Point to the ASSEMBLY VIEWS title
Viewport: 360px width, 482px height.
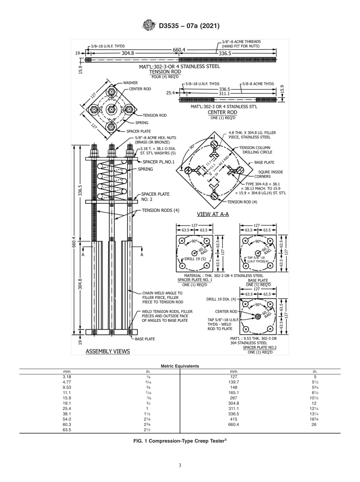click(108, 351)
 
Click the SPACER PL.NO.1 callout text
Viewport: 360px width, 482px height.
click(158, 162)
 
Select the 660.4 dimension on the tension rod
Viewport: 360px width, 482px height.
click(179, 50)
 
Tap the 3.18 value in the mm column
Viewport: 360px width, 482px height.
click(67, 377)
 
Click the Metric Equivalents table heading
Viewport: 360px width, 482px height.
click(180, 366)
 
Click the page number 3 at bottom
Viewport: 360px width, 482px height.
click(180, 465)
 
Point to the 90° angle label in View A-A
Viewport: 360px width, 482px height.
click(192, 146)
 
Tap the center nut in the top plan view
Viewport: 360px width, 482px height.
click(111, 110)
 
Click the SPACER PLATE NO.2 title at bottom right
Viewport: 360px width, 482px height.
click(260, 347)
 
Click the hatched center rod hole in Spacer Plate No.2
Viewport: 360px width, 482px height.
click(258, 316)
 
